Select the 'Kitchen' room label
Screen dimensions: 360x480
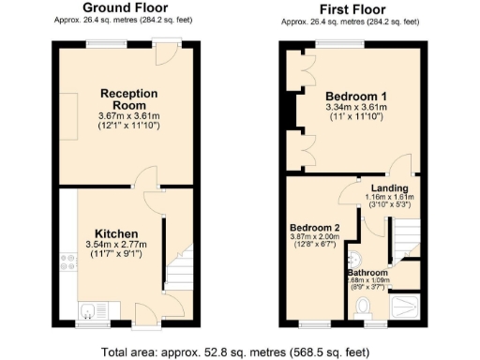click(x=116, y=233)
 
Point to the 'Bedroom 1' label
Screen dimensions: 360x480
click(x=356, y=96)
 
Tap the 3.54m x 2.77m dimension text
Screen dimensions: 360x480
click(x=116, y=245)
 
